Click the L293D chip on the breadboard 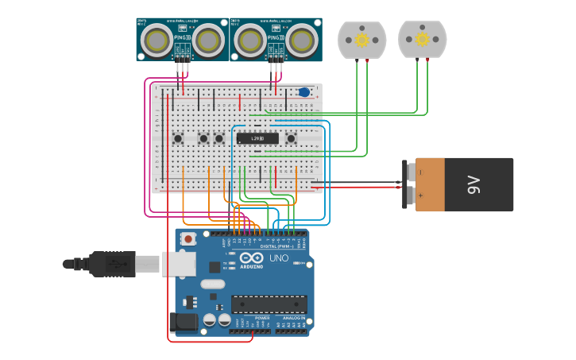point(257,138)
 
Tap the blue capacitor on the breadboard point(304,92)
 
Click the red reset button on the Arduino point(188,238)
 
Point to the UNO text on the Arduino point(279,259)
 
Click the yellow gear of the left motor point(361,40)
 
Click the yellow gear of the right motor point(422,40)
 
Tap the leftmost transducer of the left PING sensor point(159,39)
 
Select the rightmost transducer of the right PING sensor point(302,39)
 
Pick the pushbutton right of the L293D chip point(291,138)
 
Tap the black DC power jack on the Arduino point(183,322)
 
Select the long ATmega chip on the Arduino point(269,304)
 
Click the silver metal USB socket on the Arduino point(179,263)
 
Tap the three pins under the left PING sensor point(184,57)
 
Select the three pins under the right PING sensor point(276,57)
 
